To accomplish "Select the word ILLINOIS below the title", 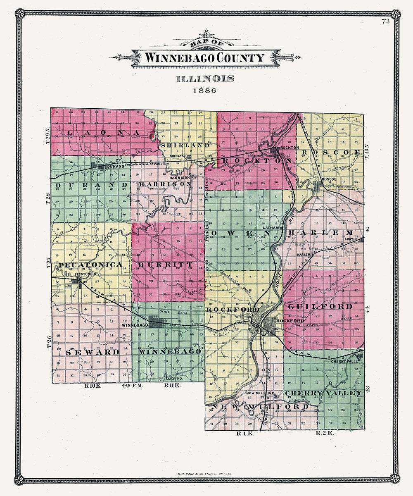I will (x=205, y=79).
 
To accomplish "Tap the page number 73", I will (x=386, y=22).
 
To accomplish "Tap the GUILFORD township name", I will (x=320, y=307).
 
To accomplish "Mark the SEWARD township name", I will (x=93, y=352).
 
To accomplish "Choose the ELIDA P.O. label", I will (x=173, y=379).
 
